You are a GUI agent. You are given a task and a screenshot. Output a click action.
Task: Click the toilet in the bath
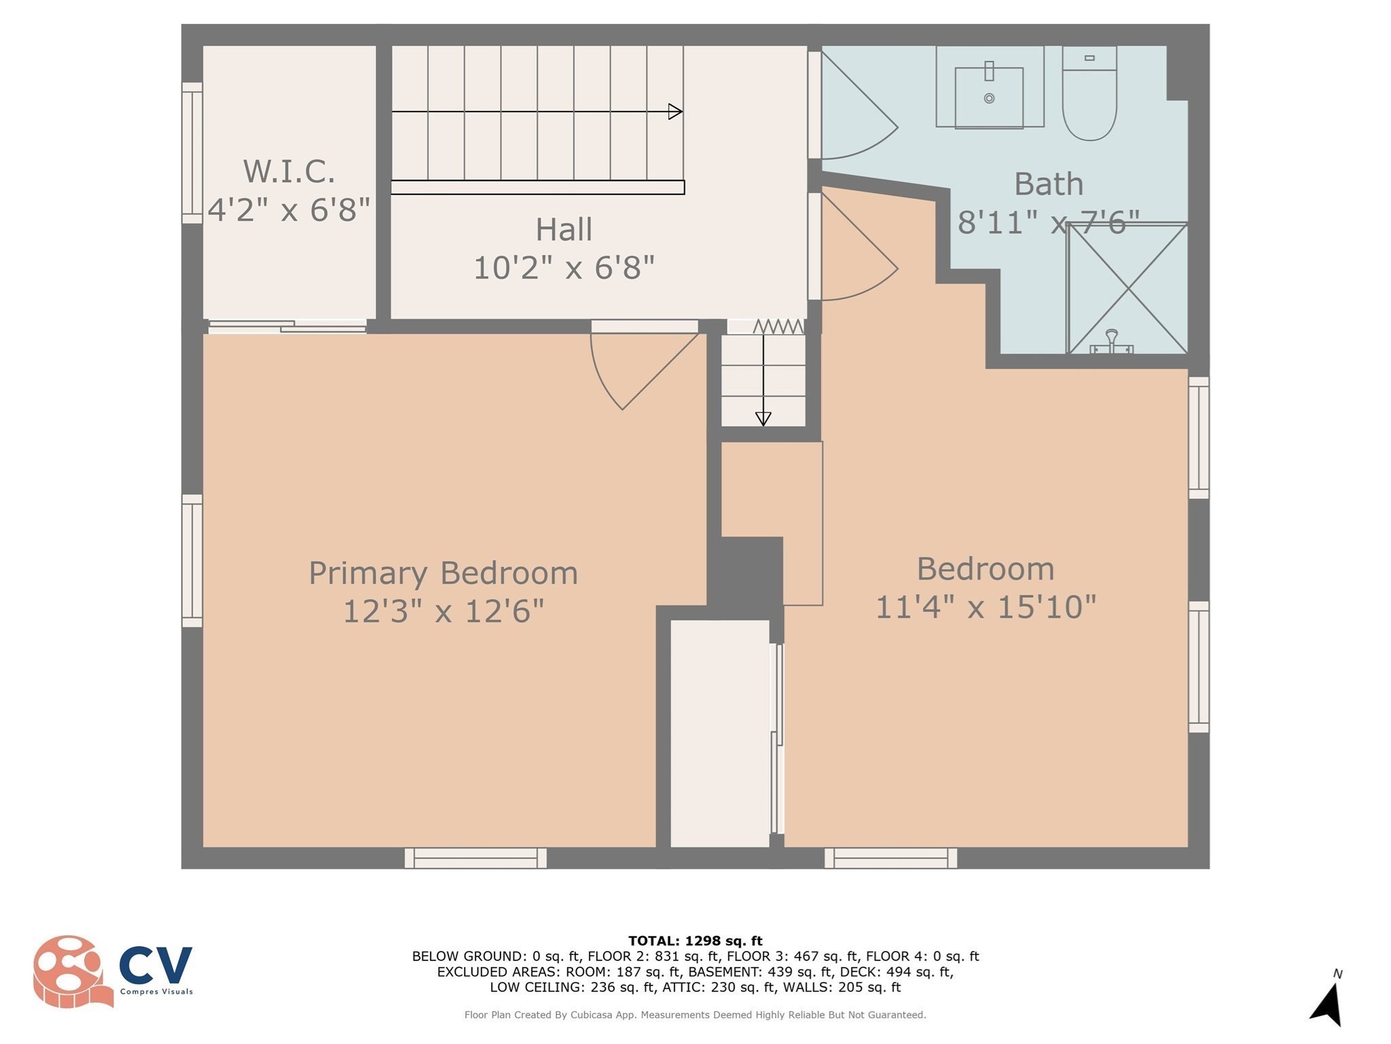click(x=1089, y=102)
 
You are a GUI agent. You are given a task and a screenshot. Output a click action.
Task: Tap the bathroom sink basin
click(x=989, y=98)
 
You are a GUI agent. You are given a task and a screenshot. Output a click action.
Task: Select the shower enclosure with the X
click(x=1127, y=289)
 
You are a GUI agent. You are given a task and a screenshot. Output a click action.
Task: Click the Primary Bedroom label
click(x=443, y=573)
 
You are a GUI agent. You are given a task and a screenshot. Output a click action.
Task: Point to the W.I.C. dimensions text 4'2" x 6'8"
click(x=289, y=209)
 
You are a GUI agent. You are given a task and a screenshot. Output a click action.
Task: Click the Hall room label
click(x=564, y=230)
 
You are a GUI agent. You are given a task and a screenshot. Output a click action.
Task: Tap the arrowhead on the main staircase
click(x=675, y=111)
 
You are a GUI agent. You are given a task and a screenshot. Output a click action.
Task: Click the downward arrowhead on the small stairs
click(x=763, y=419)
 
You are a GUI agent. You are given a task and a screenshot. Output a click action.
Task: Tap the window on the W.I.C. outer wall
click(x=192, y=153)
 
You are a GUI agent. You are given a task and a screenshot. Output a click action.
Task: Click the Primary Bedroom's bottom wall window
click(x=475, y=858)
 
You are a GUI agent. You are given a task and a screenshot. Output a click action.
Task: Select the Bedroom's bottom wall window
click(x=890, y=858)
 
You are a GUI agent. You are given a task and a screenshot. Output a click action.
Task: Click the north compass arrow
click(x=1328, y=1003)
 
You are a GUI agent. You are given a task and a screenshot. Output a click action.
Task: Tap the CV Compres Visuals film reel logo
click(x=71, y=971)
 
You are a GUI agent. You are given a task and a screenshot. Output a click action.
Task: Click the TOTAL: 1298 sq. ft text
click(x=695, y=941)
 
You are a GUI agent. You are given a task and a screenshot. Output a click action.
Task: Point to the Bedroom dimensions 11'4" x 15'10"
click(x=986, y=607)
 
